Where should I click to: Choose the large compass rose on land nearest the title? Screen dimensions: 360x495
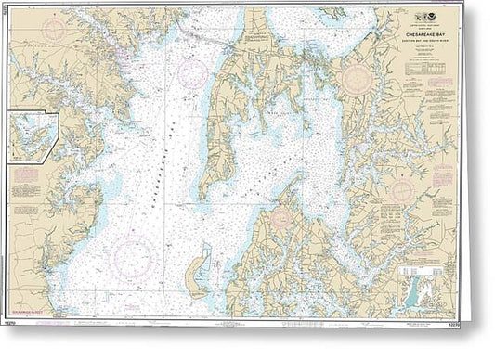point(355,78)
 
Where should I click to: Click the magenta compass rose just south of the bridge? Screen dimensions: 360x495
point(193,74)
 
